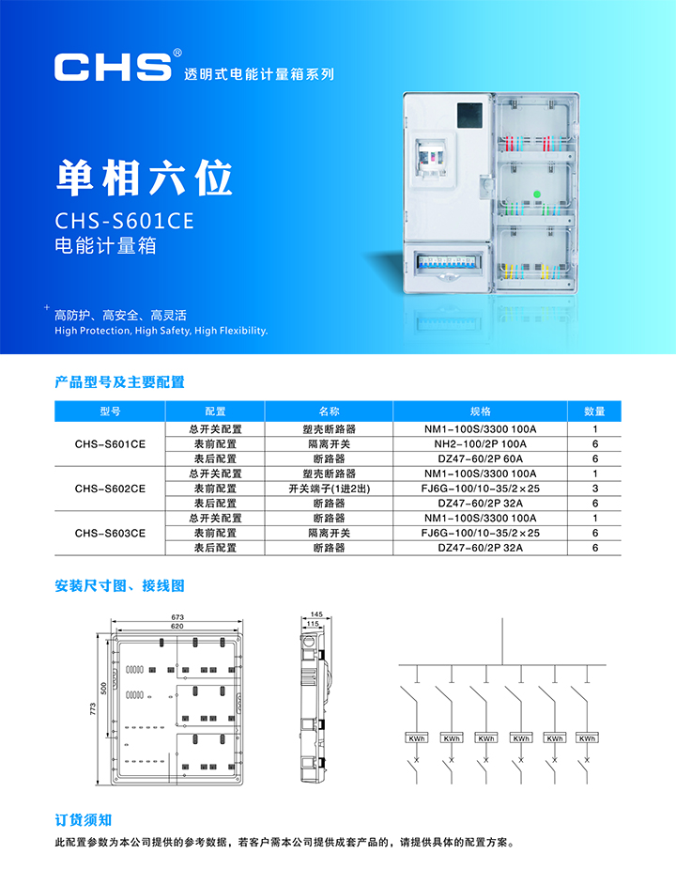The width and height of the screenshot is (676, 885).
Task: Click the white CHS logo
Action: click(113, 67)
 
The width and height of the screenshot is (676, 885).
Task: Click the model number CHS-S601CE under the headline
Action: click(124, 221)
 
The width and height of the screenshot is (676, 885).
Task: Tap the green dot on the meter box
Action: click(537, 194)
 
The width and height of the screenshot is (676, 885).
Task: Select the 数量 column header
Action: click(594, 411)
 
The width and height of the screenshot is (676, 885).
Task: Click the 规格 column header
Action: click(480, 411)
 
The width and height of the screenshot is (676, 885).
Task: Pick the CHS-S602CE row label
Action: click(110, 489)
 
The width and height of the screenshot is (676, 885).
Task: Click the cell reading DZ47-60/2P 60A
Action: click(480, 458)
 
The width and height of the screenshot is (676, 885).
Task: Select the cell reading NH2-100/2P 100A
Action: click(480, 444)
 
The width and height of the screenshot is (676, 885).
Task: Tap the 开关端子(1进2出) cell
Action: click(329, 489)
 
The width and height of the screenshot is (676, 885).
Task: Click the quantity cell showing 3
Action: click(594, 489)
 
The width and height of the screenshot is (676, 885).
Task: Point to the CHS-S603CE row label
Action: click(110, 534)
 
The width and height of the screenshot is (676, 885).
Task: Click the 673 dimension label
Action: click(177, 617)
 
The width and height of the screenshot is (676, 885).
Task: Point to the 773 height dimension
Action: click(93, 709)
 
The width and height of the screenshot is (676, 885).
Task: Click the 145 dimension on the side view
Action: click(316, 614)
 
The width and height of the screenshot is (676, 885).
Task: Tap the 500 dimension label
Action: click(103, 689)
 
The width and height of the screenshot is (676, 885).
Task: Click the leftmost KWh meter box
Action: click(417, 738)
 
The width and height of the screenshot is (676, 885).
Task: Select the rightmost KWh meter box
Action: click(587, 738)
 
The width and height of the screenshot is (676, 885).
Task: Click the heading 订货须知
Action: click(83, 820)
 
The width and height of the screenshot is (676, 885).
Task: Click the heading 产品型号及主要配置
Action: click(119, 382)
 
